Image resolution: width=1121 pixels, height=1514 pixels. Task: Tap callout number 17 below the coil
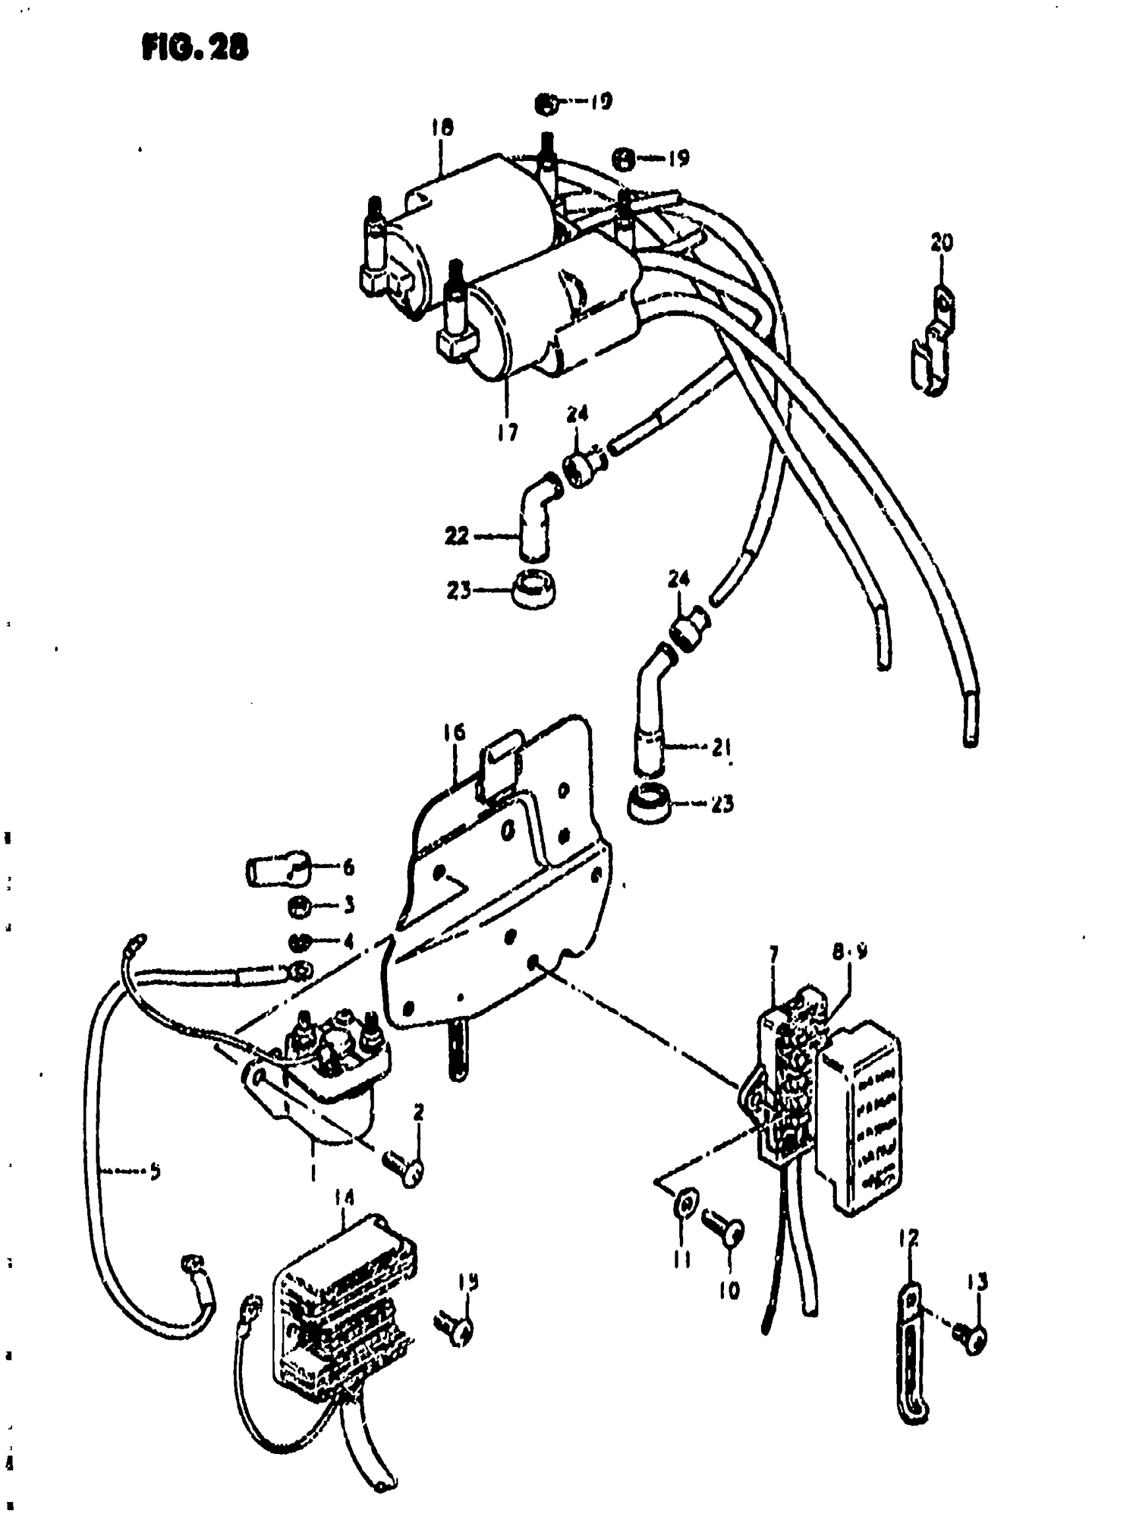506,431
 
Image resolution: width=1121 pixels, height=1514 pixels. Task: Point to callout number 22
457,536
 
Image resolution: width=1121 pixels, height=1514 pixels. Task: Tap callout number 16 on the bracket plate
454,732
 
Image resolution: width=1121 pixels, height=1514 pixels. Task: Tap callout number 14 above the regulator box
344,1199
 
